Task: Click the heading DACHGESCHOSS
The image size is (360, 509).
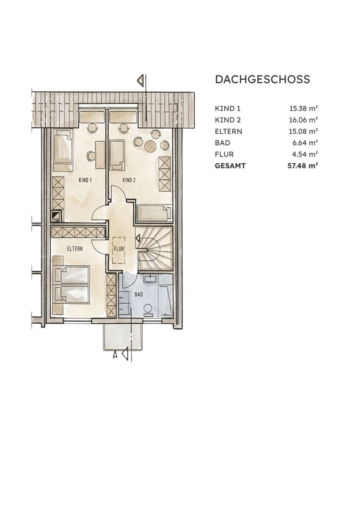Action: (262, 79)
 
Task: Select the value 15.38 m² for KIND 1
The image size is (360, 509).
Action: (304, 109)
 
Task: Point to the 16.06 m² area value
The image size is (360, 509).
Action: (304, 120)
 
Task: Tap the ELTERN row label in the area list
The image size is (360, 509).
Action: (228, 131)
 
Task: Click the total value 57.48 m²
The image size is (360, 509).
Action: (303, 166)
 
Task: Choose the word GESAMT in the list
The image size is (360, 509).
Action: (230, 166)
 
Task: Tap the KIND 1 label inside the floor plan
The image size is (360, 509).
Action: (85, 180)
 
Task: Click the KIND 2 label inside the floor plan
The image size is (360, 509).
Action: (129, 180)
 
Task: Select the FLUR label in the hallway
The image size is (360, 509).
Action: (118, 249)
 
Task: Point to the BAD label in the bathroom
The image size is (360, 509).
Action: (138, 294)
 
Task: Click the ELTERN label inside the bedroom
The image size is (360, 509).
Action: (74, 249)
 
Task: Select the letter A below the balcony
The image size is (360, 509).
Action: (115, 355)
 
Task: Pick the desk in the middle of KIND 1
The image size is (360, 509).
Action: (100, 155)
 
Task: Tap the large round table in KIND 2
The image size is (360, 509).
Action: (150, 146)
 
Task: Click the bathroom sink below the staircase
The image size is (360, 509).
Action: (150, 279)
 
